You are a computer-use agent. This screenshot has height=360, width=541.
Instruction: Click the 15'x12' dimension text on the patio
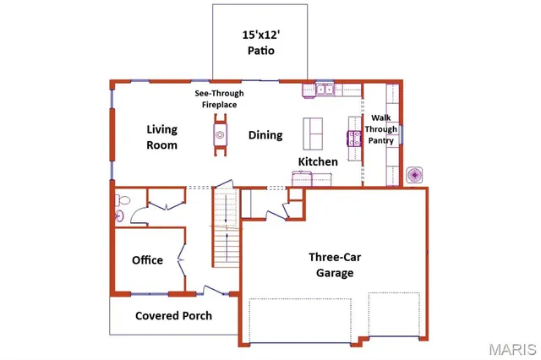pyautogui.click(x=260, y=35)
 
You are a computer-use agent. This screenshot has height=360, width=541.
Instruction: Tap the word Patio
pyautogui.click(x=261, y=51)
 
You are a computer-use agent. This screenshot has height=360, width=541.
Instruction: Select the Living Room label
pyautogui.click(x=161, y=137)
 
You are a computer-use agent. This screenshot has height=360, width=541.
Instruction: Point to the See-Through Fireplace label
pyautogui.click(x=219, y=99)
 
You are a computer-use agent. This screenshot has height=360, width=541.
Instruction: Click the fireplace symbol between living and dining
pyautogui.click(x=220, y=134)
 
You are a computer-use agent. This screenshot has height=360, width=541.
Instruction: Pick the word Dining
pyautogui.click(x=265, y=135)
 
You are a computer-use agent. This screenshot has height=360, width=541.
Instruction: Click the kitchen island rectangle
pyautogui.click(x=314, y=134)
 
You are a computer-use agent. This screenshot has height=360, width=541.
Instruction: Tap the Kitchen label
pyautogui.click(x=318, y=161)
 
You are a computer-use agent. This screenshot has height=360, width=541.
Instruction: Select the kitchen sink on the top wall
pyautogui.click(x=325, y=86)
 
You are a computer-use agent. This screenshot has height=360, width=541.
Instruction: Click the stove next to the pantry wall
pyautogui.click(x=353, y=136)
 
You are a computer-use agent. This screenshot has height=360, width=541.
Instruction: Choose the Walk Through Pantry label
pyautogui.click(x=380, y=129)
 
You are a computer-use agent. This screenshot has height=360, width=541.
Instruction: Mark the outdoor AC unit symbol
pyautogui.click(x=415, y=175)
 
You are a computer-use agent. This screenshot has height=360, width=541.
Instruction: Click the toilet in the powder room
pyautogui.click(x=123, y=201)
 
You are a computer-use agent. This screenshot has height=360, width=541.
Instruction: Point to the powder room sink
pyautogui.click(x=119, y=216)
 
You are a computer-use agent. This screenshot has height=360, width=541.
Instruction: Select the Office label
pyautogui.click(x=147, y=260)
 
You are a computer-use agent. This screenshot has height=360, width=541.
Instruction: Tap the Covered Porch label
pyautogui.click(x=174, y=316)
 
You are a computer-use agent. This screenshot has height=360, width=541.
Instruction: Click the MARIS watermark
pyautogui.click(x=511, y=348)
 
